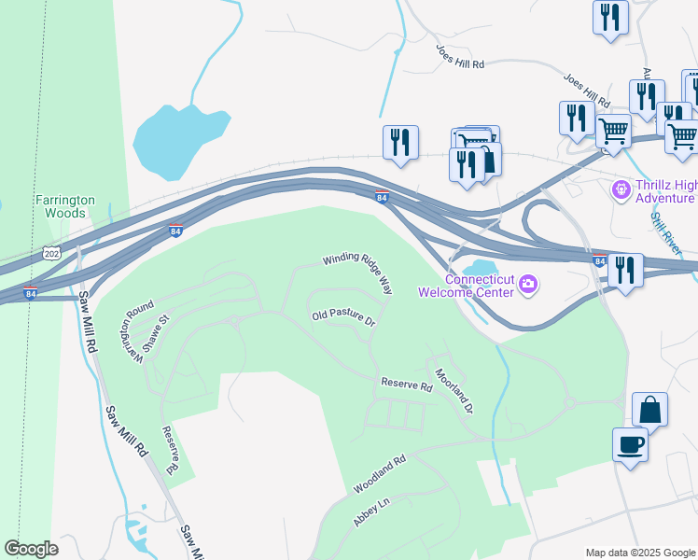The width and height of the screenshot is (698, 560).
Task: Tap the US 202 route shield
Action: click(51, 253)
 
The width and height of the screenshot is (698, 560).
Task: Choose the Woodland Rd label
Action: click(380, 474)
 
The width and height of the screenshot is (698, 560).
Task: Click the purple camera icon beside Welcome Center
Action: click(528, 284)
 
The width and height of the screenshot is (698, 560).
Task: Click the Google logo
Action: click(31, 548)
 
